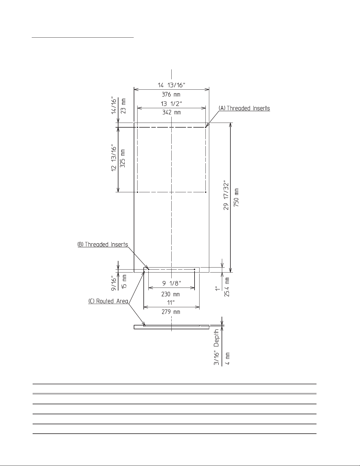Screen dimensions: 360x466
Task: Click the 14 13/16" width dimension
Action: pos(171,85)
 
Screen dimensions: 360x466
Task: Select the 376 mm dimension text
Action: pos(171,94)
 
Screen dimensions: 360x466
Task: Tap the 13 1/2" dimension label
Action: pos(171,104)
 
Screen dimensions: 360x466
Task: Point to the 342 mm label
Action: pos(171,112)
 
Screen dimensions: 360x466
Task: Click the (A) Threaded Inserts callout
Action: pos(244,108)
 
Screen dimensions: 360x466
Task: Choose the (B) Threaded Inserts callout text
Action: pos(103,245)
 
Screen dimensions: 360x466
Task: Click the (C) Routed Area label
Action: pos(108,301)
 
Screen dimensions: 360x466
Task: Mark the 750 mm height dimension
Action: pos(236,198)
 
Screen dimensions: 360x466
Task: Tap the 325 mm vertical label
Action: pos(122,158)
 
